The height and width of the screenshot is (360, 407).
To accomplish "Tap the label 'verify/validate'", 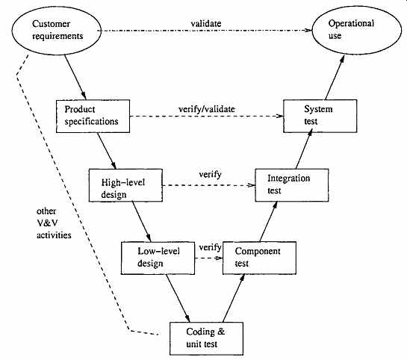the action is point(207,109).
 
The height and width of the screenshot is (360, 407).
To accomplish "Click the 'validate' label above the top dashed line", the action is point(206,24).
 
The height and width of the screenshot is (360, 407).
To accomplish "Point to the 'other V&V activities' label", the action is point(54,223).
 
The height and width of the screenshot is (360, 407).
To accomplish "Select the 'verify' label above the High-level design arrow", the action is point(210,175).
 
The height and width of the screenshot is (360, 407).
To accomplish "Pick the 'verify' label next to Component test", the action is point(210,247).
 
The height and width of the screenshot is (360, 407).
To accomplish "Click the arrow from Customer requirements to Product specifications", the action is point(75,77).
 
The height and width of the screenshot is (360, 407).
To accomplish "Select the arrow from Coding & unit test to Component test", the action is point(234,298).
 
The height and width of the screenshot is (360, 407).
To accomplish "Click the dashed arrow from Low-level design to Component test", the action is point(208,258).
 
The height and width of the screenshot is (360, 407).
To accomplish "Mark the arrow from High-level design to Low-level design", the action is point(141,222).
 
